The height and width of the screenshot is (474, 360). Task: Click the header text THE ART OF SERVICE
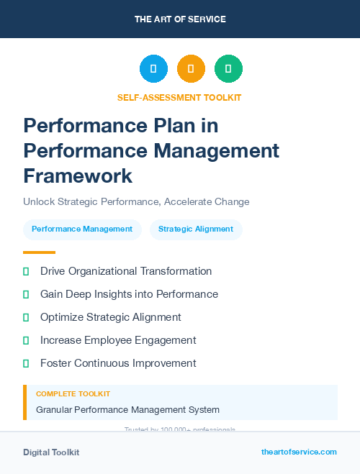[x=180, y=19]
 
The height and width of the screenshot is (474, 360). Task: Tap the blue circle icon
[x=153, y=69]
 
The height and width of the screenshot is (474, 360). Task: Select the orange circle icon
[x=191, y=69]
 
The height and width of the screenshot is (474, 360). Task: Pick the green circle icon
[x=228, y=69]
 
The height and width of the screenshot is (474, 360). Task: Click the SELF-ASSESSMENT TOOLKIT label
[x=179, y=98]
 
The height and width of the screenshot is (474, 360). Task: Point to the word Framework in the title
[x=78, y=176]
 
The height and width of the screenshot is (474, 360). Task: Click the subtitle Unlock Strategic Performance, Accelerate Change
[x=136, y=201]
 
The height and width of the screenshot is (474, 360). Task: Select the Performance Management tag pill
[x=82, y=229]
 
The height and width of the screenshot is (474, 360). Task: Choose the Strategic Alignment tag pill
[x=196, y=229]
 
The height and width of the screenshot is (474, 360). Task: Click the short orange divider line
[x=39, y=252]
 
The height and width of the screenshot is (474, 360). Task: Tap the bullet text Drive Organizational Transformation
[x=126, y=271]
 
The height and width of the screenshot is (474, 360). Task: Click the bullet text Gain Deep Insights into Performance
[x=129, y=294]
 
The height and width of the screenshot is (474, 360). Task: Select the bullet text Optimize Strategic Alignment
[x=111, y=317]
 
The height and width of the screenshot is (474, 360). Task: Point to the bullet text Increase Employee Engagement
[x=118, y=340]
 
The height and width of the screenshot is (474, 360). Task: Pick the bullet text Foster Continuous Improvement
[x=118, y=363]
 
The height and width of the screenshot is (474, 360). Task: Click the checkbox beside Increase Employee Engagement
[x=26, y=340]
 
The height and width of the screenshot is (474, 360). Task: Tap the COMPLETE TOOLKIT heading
[x=73, y=394]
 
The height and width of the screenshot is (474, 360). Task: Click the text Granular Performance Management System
[x=127, y=410]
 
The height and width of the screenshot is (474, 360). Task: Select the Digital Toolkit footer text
[x=51, y=452]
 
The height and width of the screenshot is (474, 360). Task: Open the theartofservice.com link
[x=299, y=452]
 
